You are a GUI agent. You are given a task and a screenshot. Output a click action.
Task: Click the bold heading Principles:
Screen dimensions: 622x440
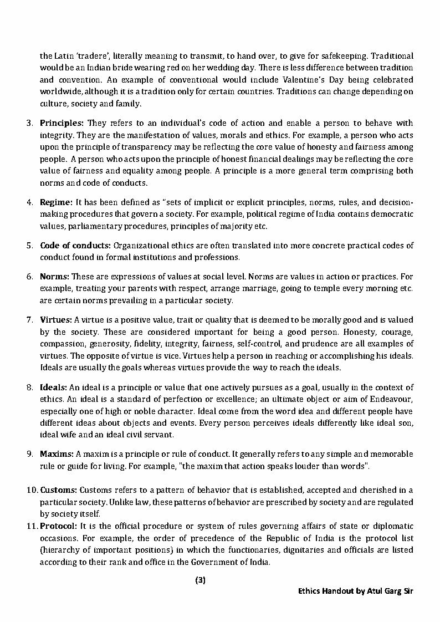click(x=62, y=123)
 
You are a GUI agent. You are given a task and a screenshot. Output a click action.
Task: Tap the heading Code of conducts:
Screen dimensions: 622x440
click(x=76, y=246)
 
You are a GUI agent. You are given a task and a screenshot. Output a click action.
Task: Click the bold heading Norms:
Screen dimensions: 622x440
click(x=54, y=276)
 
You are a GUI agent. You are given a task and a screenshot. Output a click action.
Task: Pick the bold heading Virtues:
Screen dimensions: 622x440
click(x=56, y=320)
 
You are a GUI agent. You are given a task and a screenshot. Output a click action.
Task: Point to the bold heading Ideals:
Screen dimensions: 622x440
click(x=54, y=388)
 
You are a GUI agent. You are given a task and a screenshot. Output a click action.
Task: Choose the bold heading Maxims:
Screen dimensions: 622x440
click(x=57, y=454)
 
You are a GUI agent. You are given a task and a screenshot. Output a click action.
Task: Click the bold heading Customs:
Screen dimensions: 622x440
click(x=58, y=490)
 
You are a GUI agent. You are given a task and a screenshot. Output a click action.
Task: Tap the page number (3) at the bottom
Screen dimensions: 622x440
click(x=201, y=581)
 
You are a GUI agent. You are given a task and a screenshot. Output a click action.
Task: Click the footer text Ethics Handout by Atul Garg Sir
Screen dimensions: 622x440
click(x=355, y=592)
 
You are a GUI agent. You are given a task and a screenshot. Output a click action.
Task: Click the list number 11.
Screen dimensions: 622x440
click(x=31, y=526)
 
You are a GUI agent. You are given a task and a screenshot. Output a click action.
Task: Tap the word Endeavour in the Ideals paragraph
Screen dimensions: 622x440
click(x=392, y=400)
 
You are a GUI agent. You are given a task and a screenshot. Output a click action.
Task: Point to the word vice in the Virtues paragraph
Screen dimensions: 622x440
click(x=190, y=355)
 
